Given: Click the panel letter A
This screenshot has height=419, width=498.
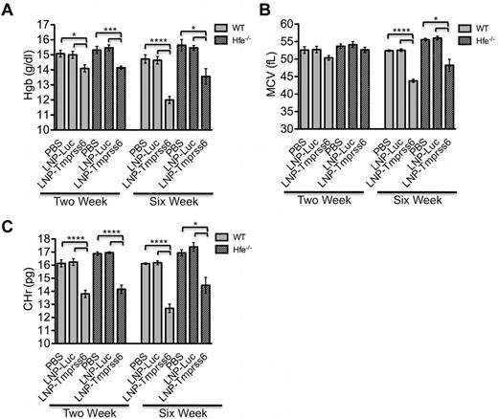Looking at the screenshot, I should point(10,10).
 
